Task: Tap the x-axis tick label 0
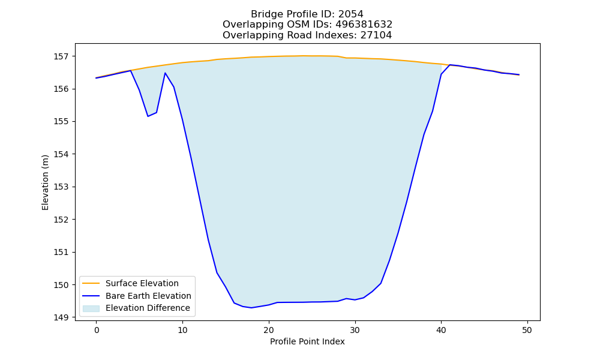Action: click(x=97, y=330)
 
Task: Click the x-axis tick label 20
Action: click(x=269, y=330)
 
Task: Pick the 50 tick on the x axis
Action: click(x=527, y=330)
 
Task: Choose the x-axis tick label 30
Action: click(x=355, y=330)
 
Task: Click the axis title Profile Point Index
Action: click(x=307, y=341)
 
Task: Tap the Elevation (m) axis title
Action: click(x=45, y=182)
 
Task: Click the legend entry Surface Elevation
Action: click(x=142, y=283)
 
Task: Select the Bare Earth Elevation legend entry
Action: click(x=148, y=296)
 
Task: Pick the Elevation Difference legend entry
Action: click(x=148, y=308)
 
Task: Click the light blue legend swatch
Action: click(x=91, y=308)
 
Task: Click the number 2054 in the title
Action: click(x=350, y=14)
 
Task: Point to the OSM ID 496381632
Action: click(x=364, y=25)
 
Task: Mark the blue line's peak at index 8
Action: click(x=166, y=73)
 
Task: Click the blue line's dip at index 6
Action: click(x=148, y=116)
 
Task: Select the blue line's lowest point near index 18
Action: click(x=251, y=308)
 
